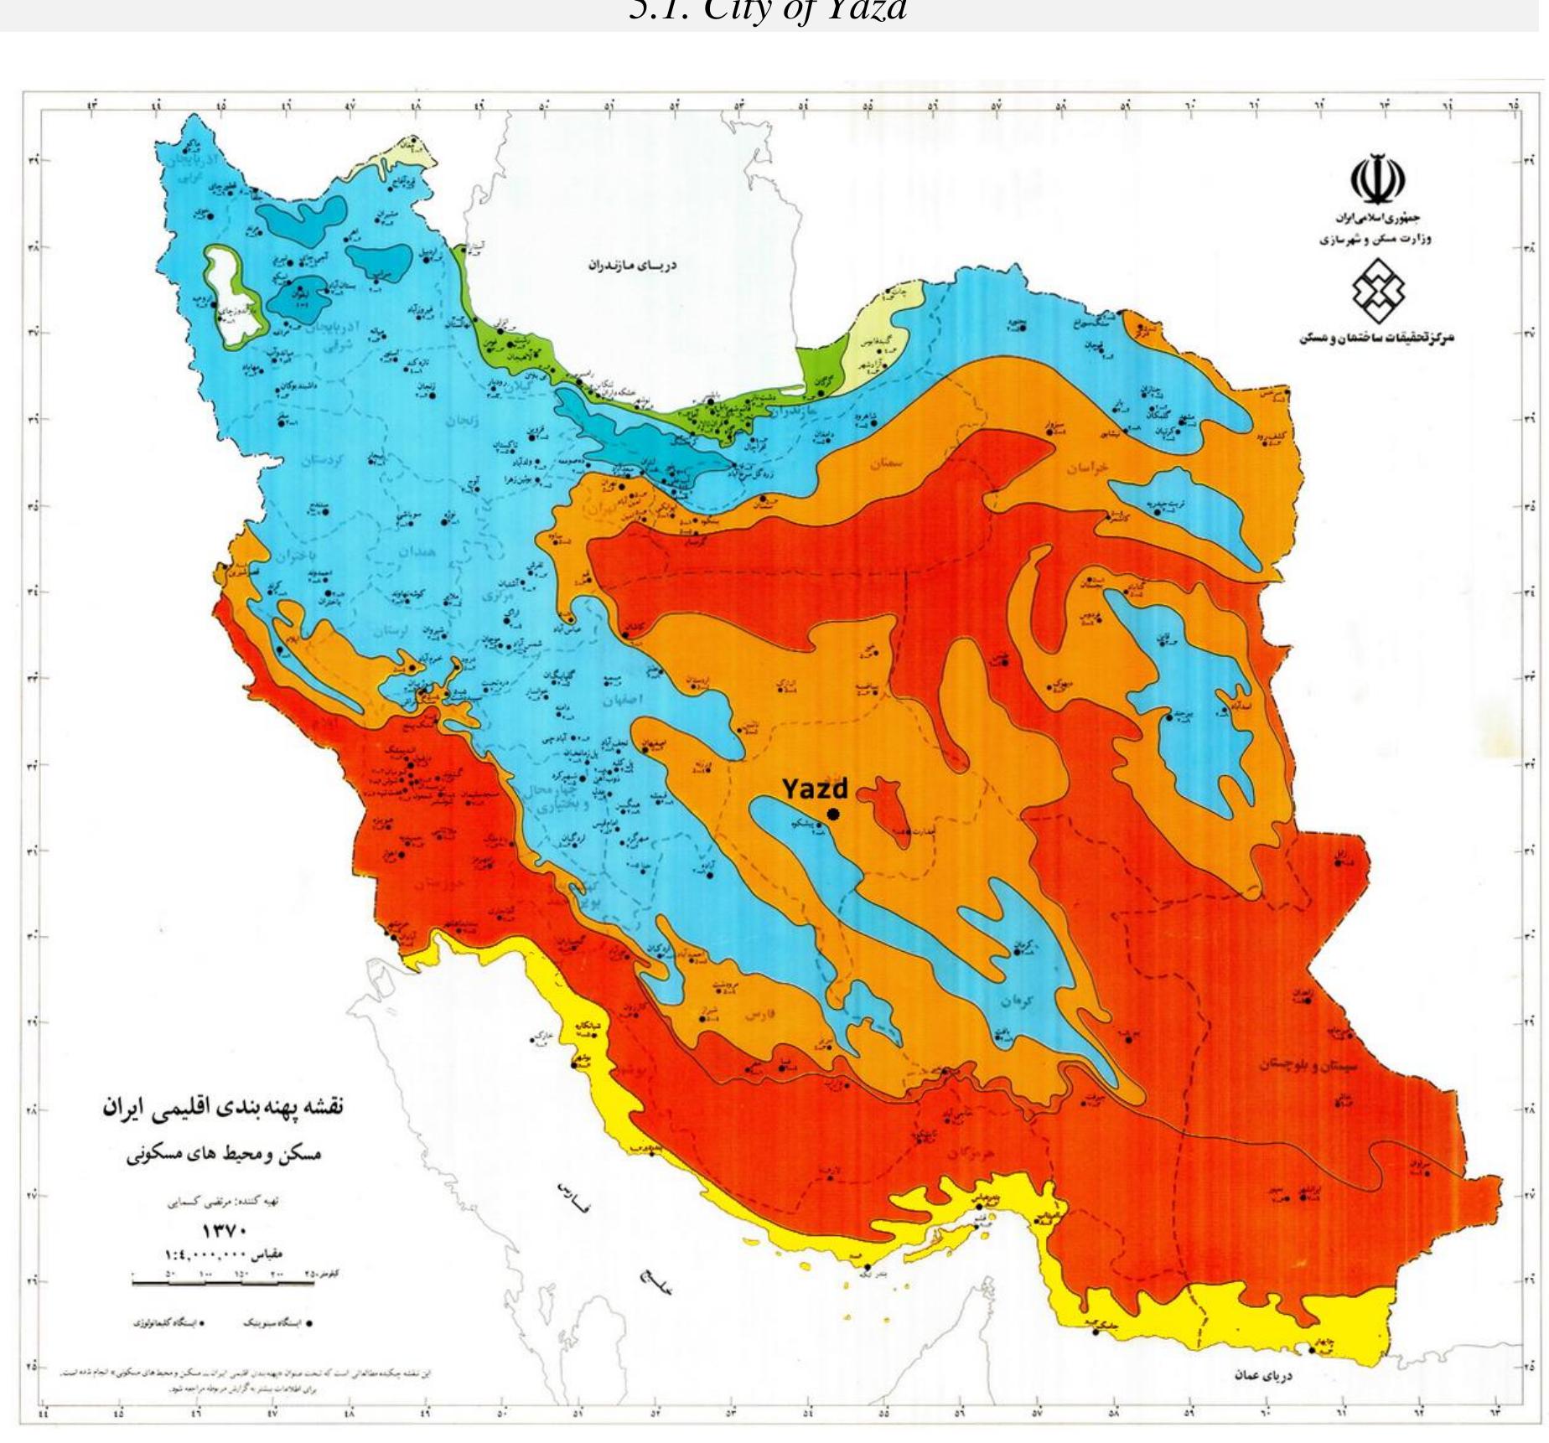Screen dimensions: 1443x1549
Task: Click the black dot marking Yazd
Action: click(832, 815)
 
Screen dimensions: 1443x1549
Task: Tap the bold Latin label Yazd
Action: click(815, 789)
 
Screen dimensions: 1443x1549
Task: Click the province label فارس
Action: click(759, 1015)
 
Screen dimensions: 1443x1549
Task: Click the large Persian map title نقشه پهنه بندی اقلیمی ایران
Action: click(223, 1107)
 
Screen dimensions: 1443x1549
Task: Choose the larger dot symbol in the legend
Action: click(308, 1325)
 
